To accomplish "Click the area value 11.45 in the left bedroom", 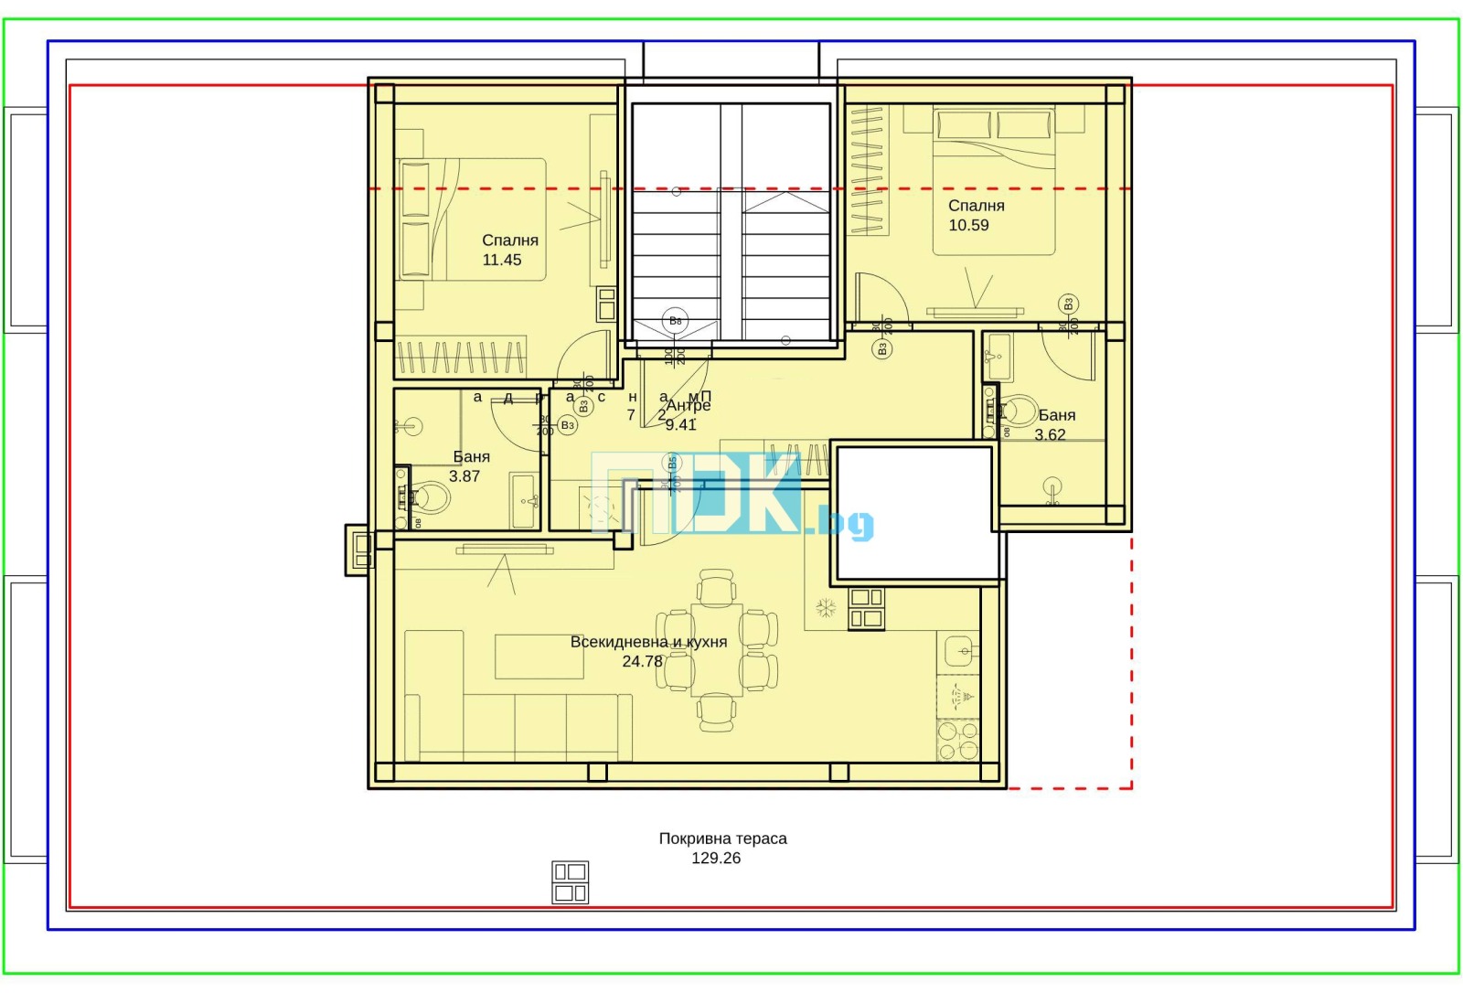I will (501, 261).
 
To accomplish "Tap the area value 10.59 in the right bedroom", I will (968, 226).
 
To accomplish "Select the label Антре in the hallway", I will (689, 405).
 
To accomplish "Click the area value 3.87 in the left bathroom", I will (465, 476).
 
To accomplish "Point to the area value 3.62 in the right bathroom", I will (1050, 435).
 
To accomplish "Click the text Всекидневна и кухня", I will (648, 642).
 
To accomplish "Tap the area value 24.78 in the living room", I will (642, 661).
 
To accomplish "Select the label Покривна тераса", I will (722, 838).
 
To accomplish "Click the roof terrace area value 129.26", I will (716, 859).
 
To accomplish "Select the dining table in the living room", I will (716, 649).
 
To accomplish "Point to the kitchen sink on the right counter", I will (961, 650).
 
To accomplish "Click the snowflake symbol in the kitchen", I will (826, 607).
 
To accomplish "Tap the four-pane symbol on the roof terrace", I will (570, 882).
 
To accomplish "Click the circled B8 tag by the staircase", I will (675, 321).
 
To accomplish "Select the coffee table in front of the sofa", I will (539, 657).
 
